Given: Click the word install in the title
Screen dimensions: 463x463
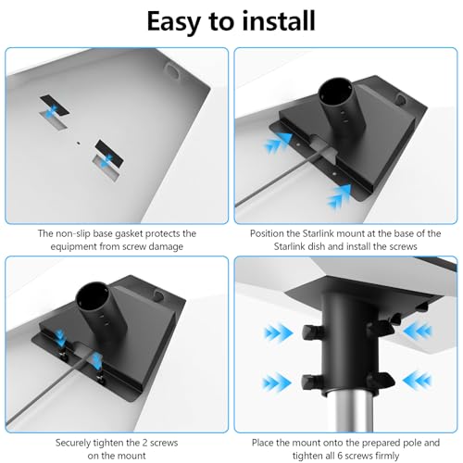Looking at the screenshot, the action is [x=279, y=21].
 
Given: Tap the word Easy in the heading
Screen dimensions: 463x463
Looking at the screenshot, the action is [x=174, y=22].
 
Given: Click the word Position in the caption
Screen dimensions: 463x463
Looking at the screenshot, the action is [x=267, y=233].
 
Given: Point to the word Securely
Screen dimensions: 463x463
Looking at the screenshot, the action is [x=73, y=443].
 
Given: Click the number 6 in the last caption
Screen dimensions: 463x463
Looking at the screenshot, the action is [x=342, y=456].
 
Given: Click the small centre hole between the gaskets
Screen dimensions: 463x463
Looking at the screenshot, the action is [x=78, y=143].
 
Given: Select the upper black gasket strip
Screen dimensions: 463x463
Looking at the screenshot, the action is [x=55, y=106].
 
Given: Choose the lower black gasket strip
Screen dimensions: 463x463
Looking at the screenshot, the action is [x=109, y=152].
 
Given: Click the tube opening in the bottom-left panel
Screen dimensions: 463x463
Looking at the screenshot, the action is [x=92, y=298].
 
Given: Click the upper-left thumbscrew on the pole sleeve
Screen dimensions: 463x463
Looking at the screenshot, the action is [x=311, y=332].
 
